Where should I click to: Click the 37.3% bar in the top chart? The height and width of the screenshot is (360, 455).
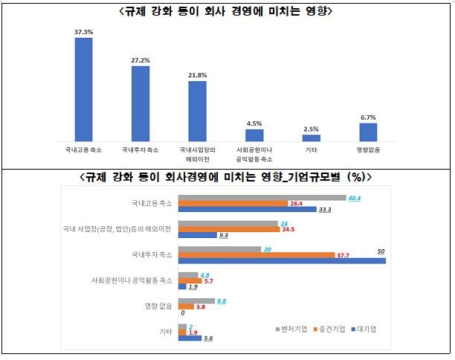coord(84,89)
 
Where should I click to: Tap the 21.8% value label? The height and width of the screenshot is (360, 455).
coord(197,75)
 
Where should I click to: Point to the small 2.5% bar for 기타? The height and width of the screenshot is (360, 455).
coord(312,138)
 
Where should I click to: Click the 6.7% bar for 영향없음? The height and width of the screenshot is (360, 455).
coord(368,132)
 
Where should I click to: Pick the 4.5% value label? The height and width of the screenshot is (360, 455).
coord(254,123)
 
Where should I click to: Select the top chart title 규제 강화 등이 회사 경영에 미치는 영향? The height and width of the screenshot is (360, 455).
coord(226,12)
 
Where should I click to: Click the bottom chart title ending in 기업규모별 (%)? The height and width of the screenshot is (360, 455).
coord(226,177)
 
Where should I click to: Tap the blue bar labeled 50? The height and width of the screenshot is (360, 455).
coord(283,260)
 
